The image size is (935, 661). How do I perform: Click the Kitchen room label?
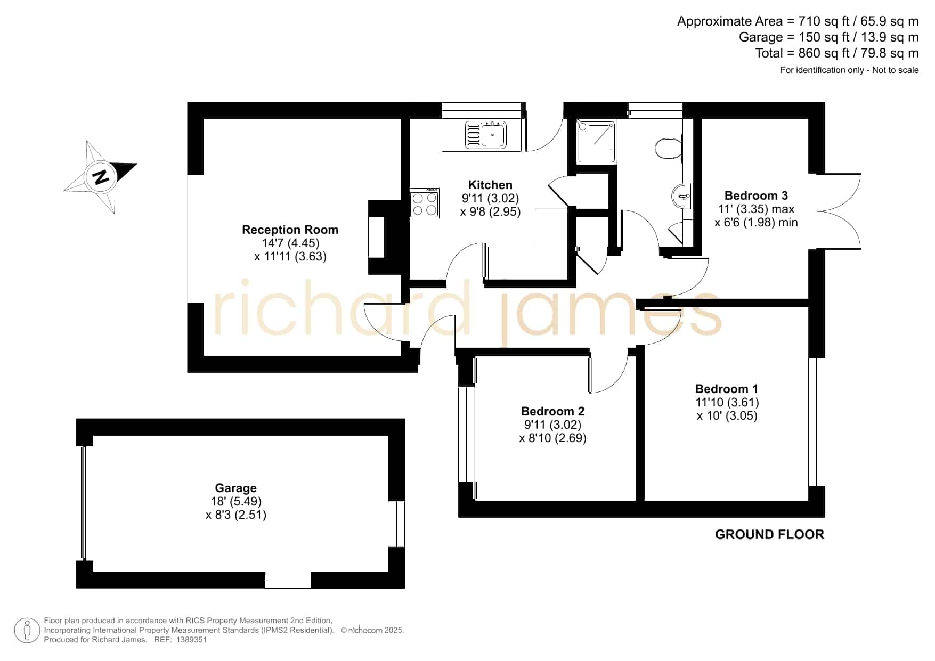click(x=490, y=185)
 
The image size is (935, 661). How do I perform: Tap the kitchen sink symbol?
click(x=487, y=134)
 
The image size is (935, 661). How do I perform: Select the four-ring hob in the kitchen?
click(x=425, y=203)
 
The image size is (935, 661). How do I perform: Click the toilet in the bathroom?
click(x=668, y=148)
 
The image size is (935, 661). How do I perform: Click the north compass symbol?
click(x=101, y=176)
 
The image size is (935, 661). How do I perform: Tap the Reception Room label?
click(x=290, y=230)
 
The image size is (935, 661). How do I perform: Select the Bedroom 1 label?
click(x=727, y=389)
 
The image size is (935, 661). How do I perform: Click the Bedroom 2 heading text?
click(x=552, y=411)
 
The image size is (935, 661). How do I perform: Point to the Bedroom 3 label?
click(x=756, y=195)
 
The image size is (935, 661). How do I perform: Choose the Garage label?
click(x=235, y=488)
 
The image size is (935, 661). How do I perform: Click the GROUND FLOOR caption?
click(x=769, y=534)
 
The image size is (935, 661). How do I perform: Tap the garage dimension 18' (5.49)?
click(x=236, y=501)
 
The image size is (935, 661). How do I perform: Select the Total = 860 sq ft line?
click(x=837, y=53)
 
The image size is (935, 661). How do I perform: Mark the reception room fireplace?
click(x=385, y=238)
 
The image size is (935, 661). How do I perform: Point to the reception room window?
click(x=196, y=239)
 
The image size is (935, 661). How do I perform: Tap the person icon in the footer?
click(x=27, y=631)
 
